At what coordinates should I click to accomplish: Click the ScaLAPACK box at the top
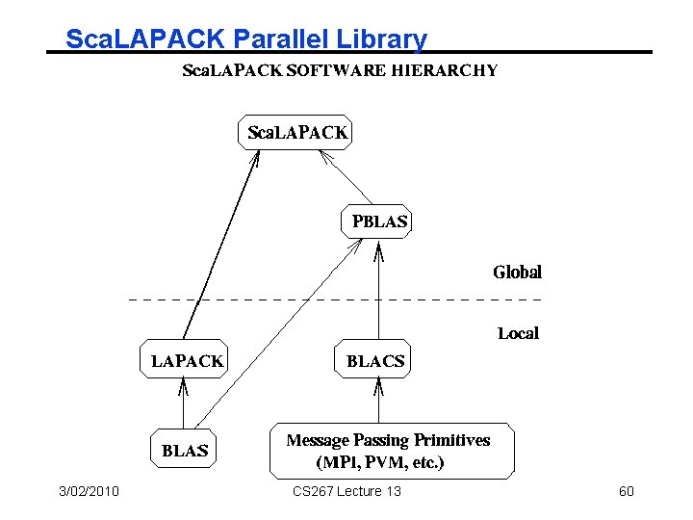[295, 133]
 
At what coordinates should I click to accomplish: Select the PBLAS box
[378, 221]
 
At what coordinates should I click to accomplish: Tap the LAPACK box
[187, 361]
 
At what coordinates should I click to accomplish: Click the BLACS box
[374, 361]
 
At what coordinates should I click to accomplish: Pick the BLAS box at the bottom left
[185, 450]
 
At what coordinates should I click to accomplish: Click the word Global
[517, 273]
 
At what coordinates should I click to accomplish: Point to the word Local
[518, 333]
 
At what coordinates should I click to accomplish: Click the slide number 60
[626, 492]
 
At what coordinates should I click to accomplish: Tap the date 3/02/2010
[88, 492]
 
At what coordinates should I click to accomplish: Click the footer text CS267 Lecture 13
[346, 492]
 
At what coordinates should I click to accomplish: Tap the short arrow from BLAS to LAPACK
[183, 404]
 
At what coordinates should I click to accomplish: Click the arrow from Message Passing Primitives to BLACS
[378, 402]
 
